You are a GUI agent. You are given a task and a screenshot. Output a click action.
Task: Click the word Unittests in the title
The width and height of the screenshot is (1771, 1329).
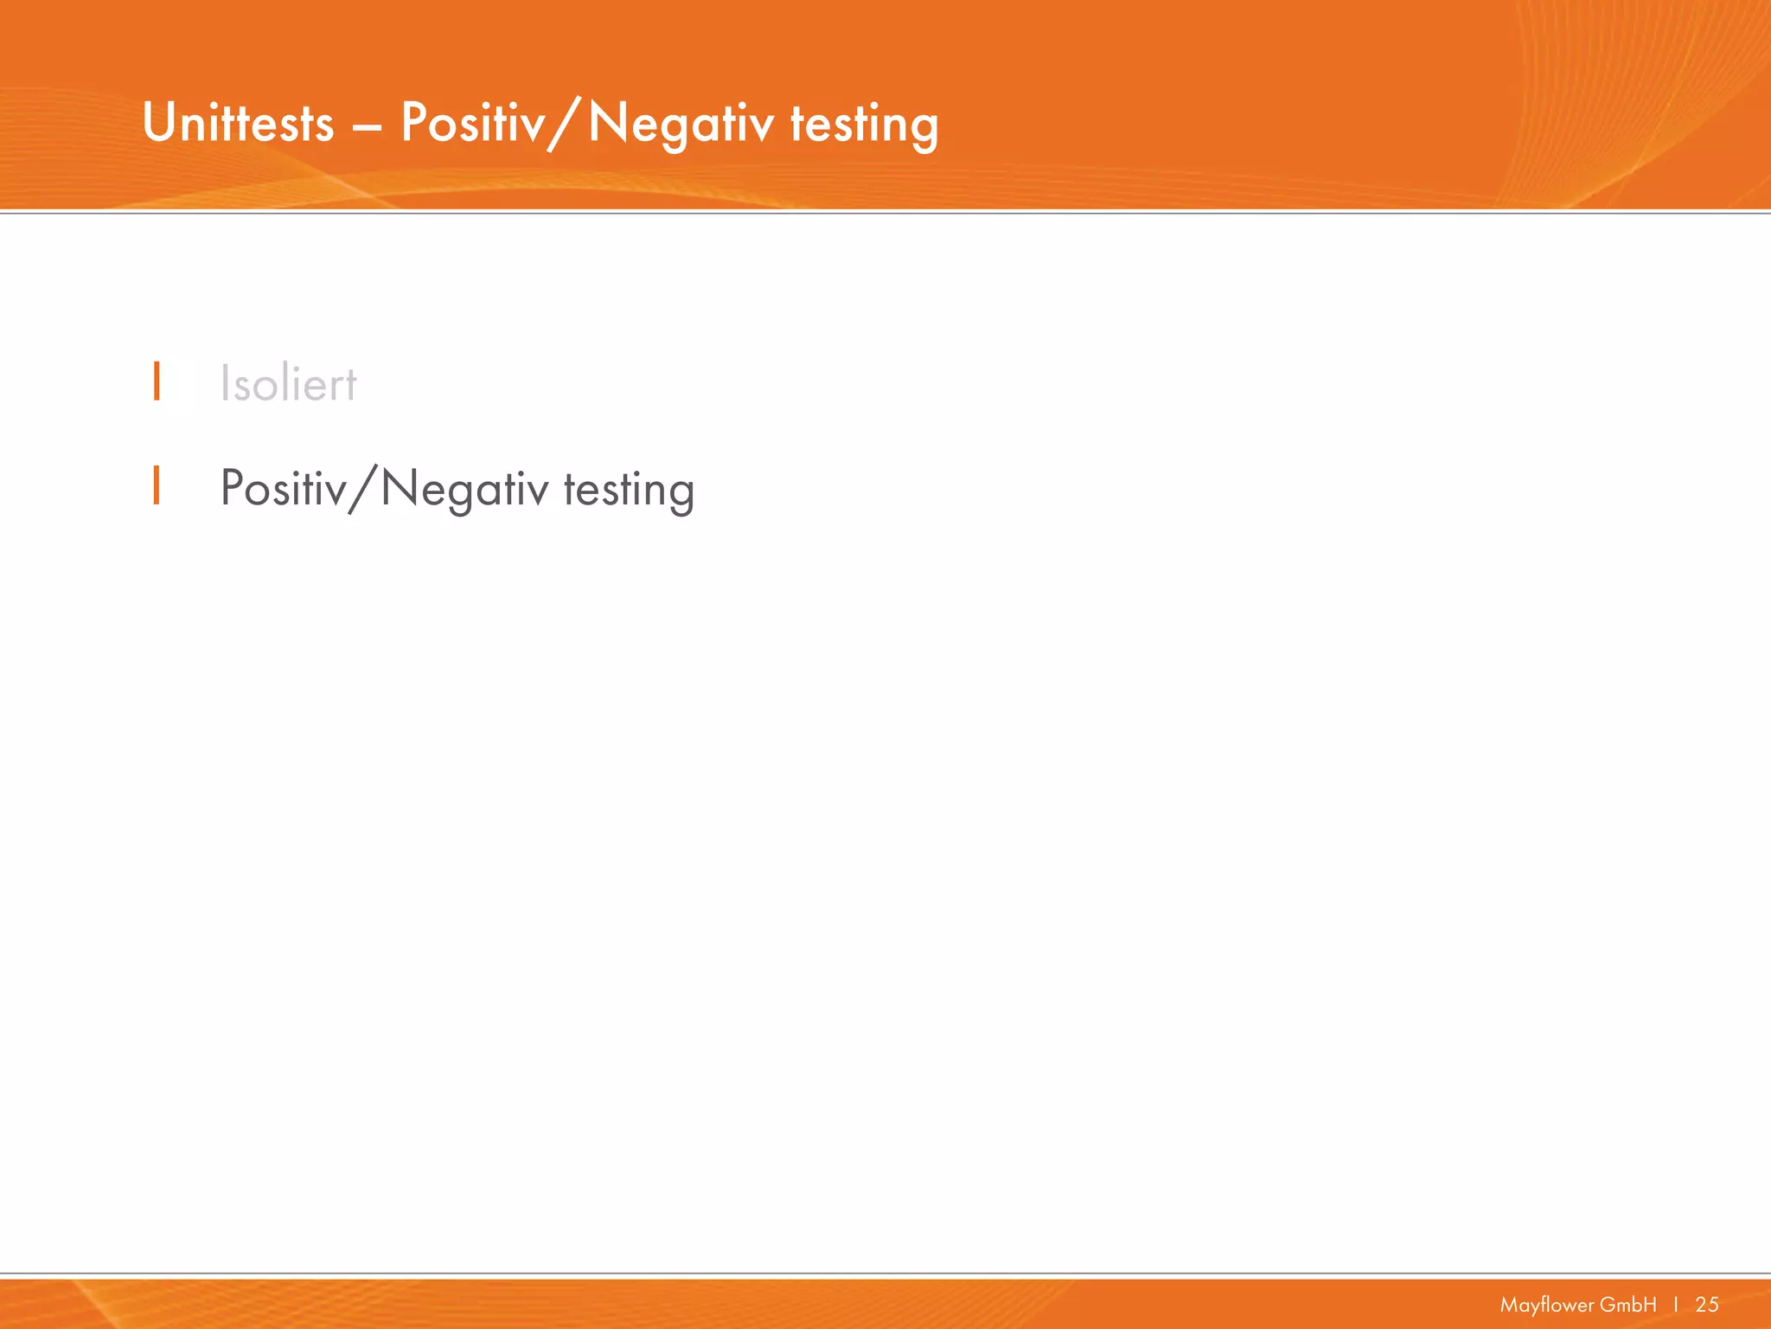coord(238,124)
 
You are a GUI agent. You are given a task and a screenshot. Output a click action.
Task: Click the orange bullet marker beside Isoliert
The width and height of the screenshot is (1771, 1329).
coord(157,382)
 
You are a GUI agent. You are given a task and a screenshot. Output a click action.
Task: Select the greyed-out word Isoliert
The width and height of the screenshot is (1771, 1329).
coord(288,384)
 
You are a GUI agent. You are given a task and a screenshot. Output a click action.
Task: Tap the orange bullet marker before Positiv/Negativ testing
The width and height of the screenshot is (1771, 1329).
coord(157,485)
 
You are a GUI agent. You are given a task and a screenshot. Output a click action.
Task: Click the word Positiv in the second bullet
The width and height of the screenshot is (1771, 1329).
coord(283,489)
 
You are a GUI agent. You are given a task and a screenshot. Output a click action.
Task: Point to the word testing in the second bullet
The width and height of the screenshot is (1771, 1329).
coord(629,490)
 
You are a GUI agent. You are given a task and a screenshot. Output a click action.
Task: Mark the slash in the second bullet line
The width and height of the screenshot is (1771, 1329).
coord(363,490)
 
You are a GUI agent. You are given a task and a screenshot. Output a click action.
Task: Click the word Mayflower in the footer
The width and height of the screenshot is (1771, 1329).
coord(1545,1305)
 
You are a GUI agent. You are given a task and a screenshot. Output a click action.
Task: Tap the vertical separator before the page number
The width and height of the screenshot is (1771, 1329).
coord(1676,1305)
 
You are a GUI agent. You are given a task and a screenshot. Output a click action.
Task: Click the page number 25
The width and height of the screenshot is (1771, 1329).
coord(1707,1305)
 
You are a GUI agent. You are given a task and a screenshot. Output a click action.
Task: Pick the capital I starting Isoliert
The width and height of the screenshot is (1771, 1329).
coord(225,383)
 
